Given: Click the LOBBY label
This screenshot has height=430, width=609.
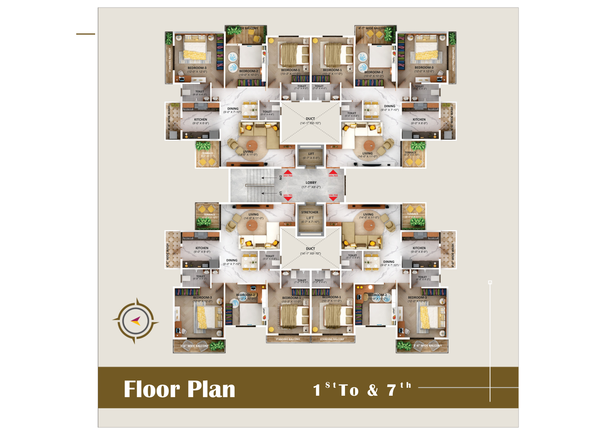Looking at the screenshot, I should (x=311, y=183).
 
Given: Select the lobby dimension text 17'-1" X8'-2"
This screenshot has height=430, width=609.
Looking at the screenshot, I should (x=311, y=187).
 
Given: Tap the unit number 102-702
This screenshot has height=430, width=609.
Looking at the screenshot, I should (x=288, y=176).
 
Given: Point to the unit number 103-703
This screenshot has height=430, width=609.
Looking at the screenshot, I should (x=333, y=176).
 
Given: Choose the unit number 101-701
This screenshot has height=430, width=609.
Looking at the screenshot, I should (x=288, y=195).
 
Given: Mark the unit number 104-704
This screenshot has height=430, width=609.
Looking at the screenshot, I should (x=333, y=195).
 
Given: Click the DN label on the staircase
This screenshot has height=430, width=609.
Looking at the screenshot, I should (x=281, y=178).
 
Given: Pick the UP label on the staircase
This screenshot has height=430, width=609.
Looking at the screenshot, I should (x=281, y=194).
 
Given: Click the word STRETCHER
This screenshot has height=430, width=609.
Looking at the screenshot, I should (x=310, y=213).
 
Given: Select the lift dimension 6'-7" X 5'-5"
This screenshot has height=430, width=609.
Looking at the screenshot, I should (x=311, y=158).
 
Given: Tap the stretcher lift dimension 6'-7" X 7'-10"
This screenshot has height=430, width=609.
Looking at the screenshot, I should (x=310, y=222).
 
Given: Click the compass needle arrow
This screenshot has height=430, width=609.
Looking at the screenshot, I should (x=136, y=320).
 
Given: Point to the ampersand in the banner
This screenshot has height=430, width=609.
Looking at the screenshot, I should (x=373, y=390).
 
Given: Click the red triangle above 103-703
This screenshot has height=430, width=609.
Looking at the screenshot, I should (x=333, y=172).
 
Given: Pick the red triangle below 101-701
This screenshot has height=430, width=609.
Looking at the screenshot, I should (x=288, y=199).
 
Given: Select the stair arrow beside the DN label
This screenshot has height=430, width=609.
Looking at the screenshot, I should (x=268, y=178).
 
